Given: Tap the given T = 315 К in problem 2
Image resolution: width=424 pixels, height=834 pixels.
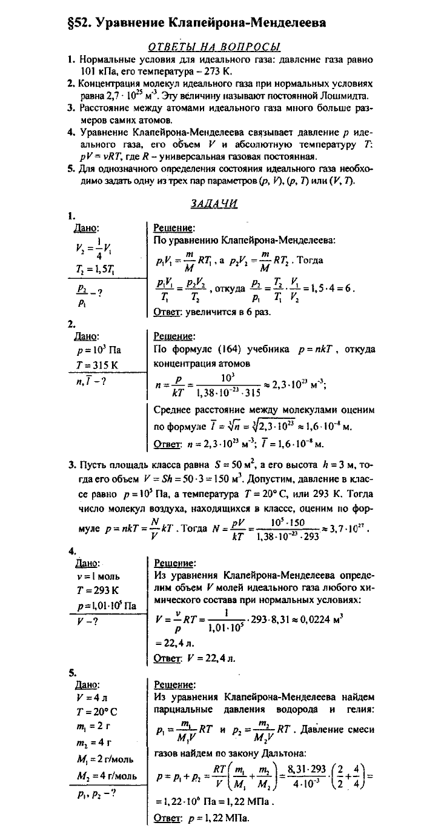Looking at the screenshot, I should (91, 362).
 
